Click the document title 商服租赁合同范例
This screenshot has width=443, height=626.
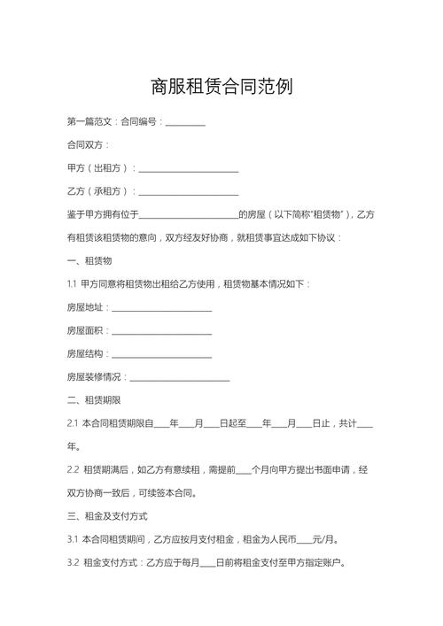(x=221, y=87)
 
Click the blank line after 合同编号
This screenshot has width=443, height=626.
(x=185, y=121)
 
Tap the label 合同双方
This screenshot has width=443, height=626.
(x=87, y=144)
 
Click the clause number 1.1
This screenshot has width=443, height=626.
(x=73, y=284)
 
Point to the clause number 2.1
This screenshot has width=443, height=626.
(x=73, y=424)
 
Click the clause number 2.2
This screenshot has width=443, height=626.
(x=73, y=470)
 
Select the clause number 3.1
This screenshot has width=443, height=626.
(x=73, y=539)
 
